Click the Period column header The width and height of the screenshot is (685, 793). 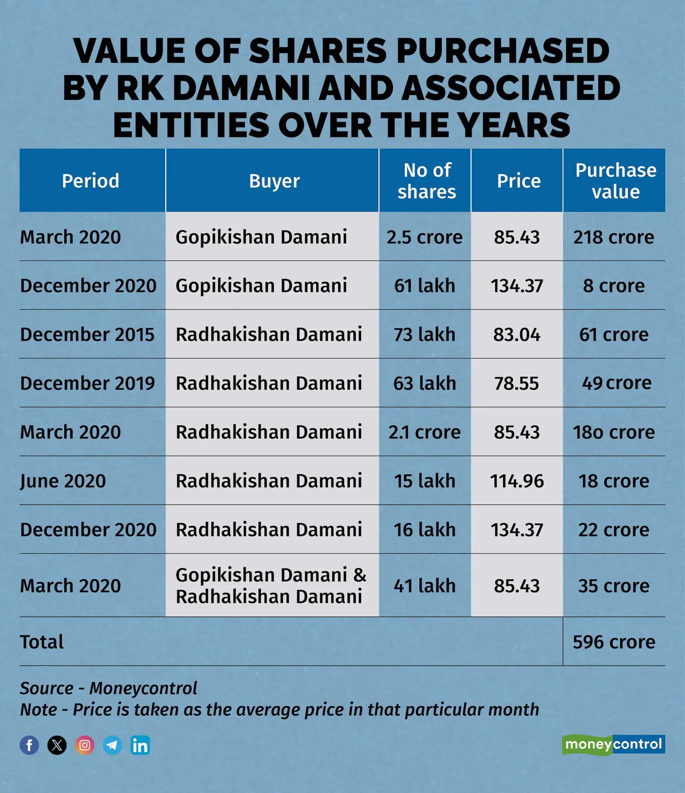(x=91, y=181)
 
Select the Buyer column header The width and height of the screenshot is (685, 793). (x=274, y=181)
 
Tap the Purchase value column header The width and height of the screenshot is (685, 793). (x=615, y=181)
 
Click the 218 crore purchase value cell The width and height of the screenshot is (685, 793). (x=613, y=237)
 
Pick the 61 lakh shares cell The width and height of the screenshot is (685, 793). (x=425, y=286)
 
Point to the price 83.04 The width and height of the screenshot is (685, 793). (x=516, y=335)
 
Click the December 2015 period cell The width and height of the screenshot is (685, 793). (x=87, y=335)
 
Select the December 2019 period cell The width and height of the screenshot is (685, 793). (x=87, y=383)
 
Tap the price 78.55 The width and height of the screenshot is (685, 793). (x=516, y=383)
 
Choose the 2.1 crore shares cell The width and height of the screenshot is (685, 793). (x=425, y=432)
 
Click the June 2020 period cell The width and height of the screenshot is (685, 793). (x=63, y=481)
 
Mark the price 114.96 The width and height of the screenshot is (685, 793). (x=516, y=481)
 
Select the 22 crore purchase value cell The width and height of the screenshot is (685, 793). (x=613, y=530)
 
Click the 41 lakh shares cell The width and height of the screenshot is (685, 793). (x=425, y=586)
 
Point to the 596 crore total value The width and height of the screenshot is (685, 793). (x=613, y=642)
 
